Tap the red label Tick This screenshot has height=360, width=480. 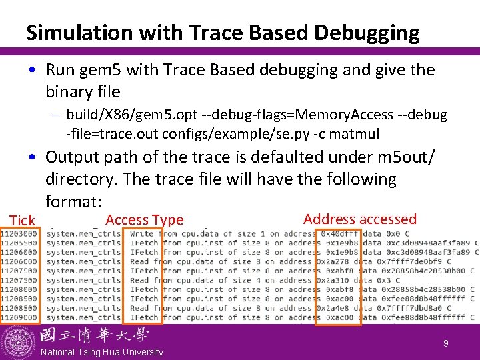(x=21, y=221)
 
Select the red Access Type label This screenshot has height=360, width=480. (x=144, y=220)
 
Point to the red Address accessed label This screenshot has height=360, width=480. (x=359, y=219)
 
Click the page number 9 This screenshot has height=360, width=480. (x=445, y=343)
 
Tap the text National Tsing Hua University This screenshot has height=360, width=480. (x=101, y=352)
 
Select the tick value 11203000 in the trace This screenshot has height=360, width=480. (x=19, y=234)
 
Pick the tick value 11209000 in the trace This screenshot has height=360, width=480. (x=19, y=318)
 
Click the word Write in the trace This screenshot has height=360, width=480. (x=142, y=234)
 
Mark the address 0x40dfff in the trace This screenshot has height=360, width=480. (x=340, y=234)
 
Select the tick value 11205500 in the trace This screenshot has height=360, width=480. (x=19, y=243)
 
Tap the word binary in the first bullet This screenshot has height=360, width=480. (x=69, y=91)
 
